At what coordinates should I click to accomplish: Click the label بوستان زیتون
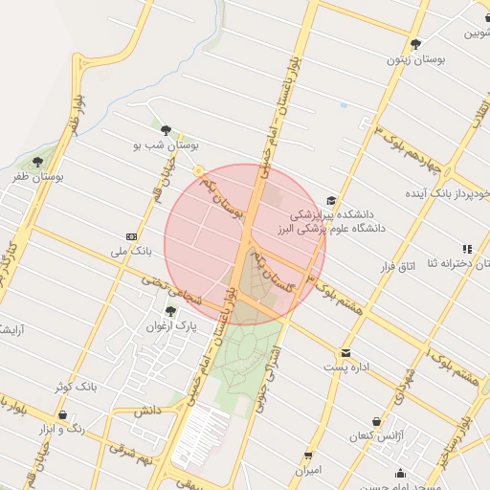pos(415,60)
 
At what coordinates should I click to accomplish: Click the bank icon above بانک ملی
pos(131,236)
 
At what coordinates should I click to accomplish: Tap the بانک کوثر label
pos(76,387)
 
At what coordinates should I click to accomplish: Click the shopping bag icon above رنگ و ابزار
pos(62,415)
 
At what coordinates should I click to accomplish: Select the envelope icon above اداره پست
pos(345,352)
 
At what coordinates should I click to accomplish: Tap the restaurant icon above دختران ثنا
pos(467,249)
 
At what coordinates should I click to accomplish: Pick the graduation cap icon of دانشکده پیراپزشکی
pos(331,201)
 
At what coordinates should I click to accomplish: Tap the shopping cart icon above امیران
pos(308,456)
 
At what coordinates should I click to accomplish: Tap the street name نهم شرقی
pos(129,450)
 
